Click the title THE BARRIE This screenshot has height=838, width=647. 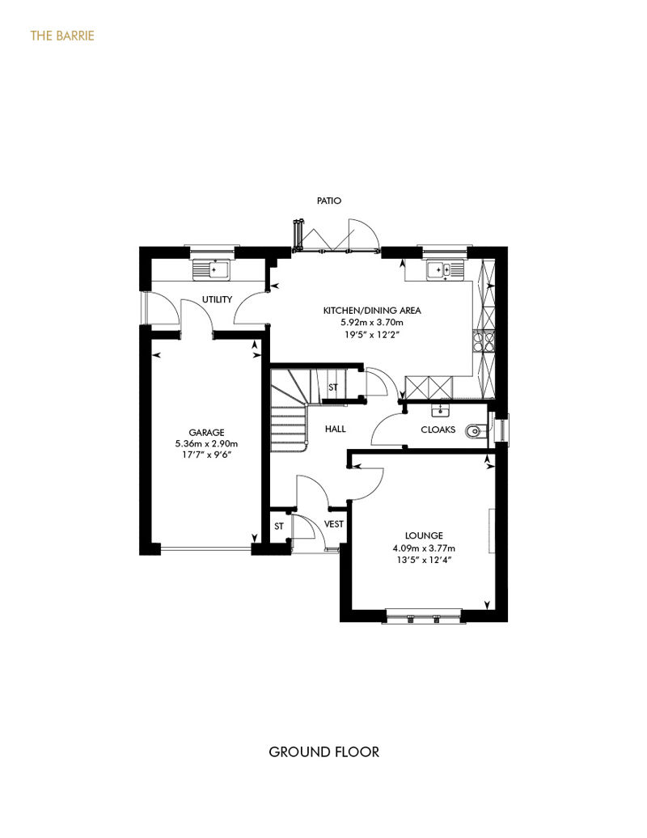pyautogui.click(x=62, y=36)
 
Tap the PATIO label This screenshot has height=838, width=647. pyautogui.click(x=328, y=201)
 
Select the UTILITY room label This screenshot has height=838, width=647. pyautogui.click(x=217, y=299)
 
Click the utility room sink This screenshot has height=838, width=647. pyautogui.click(x=211, y=270)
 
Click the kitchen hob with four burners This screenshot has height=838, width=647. pyautogui.click(x=484, y=341)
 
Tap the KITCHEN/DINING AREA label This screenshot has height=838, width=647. pyautogui.click(x=372, y=311)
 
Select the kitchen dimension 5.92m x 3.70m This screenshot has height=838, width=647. pyautogui.click(x=372, y=323)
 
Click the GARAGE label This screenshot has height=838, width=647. pyautogui.click(x=206, y=433)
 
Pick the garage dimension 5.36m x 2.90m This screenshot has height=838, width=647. pyautogui.click(x=206, y=443)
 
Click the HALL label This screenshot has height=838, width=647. pyautogui.click(x=335, y=429)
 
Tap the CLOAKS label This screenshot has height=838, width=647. pyautogui.click(x=438, y=430)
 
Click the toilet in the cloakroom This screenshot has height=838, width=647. pyautogui.click(x=476, y=431)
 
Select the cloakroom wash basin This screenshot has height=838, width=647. pyautogui.click(x=441, y=410)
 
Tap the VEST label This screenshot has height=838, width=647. pyautogui.click(x=334, y=524)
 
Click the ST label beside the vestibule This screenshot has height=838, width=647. pyautogui.click(x=279, y=527)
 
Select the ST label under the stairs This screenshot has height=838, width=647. pyautogui.click(x=333, y=387)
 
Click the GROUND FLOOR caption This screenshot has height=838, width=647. pyautogui.click(x=323, y=752)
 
